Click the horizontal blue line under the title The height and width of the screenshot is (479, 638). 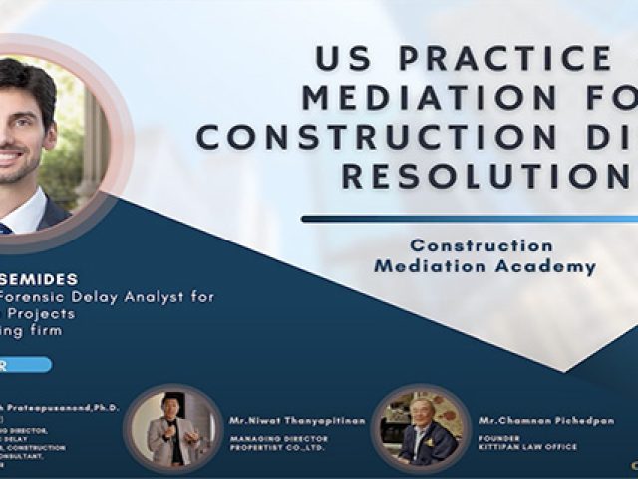click(469, 218)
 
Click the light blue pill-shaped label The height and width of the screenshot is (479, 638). click(25, 365)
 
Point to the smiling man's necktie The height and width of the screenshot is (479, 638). click(5, 229)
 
